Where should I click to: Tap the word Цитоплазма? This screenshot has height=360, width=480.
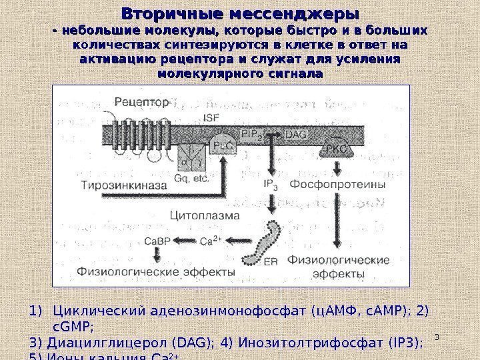(x=201, y=215)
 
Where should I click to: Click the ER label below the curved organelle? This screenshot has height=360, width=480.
(x=271, y=261)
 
